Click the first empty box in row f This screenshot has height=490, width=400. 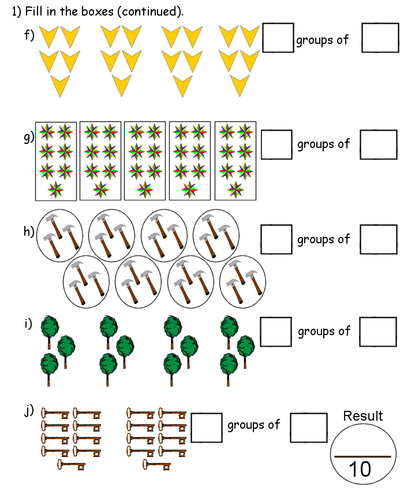point(278,37)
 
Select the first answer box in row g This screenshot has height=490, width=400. point(276,144)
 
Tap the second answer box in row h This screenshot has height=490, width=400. point(379,239)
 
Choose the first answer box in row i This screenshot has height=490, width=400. point(276,332)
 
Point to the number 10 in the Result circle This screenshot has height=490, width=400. point(360,469)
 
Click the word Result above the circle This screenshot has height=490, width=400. point(362,416)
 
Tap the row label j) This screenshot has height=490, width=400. point(29,411)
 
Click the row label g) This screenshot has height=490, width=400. point(29,138)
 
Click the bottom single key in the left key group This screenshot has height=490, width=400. point(72,465)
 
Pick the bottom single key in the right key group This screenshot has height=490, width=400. point(156,465)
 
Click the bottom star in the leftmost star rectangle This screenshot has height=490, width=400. point(55,189)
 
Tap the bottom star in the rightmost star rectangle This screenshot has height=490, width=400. point(235,189)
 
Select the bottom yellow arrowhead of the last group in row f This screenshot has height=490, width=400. point(239,85)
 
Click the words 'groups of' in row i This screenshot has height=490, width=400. point(324,331)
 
